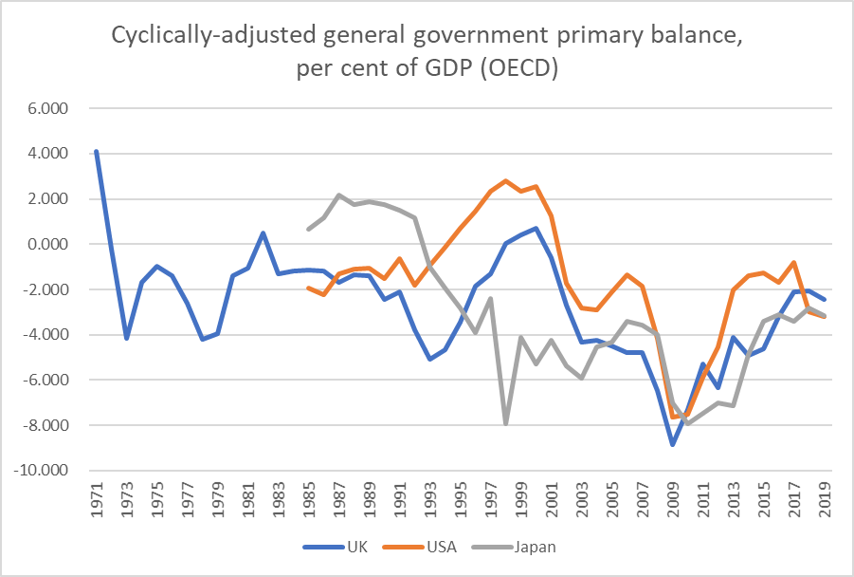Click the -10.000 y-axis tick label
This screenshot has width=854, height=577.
[42, 471]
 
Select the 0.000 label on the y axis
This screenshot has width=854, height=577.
[47, 244]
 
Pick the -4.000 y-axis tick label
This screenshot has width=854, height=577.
[45, 335]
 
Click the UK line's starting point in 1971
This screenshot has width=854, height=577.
[96, 152]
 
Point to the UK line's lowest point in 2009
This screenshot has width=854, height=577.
[672, 444]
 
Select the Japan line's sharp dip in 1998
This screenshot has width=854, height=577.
[505, 423]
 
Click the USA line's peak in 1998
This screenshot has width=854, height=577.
[505, 180]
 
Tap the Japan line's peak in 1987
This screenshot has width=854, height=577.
[338, 195]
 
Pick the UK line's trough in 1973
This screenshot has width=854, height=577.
[126, 338]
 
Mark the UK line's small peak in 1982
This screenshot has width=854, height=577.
[263, 233]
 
